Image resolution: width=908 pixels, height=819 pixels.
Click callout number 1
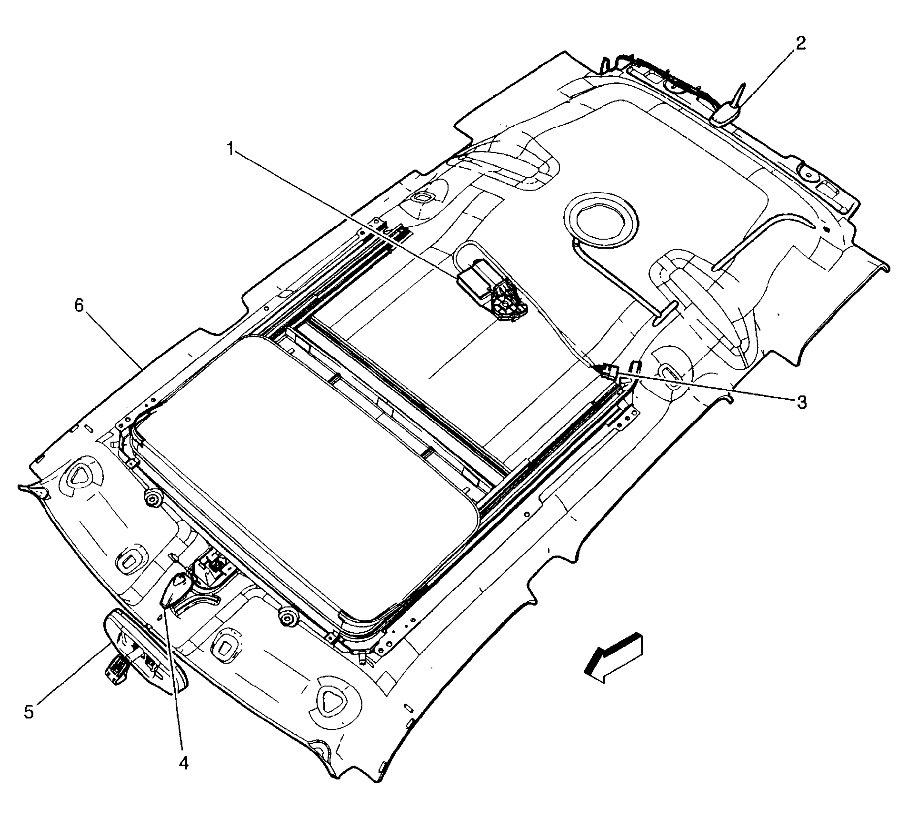click(x=230, y=149)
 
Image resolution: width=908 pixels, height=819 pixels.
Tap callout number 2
click(x=799, y=44)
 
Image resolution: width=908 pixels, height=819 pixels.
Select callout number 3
click(x=801, y=402)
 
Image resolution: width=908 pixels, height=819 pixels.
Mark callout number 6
click(x=79, y=305)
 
